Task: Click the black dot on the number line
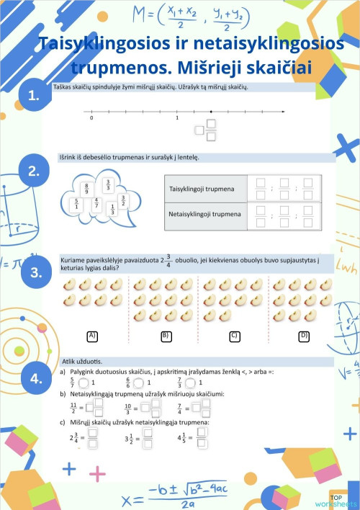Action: pos(210,112)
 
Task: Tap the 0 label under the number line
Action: pos(91,120)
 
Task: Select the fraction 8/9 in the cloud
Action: pos(86,189)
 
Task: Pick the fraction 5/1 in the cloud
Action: pos(76,205)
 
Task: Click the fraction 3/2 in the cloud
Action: pos(123,200)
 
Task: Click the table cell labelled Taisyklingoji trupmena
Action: pos(204,189)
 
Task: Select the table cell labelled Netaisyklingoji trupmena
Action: pos(204,214)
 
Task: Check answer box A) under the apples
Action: pos(92,336)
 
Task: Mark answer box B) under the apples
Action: pos(165,336)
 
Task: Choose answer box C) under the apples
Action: pos(234,336)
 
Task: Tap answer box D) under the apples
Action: pos(304,336)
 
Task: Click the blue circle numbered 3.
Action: pos(36,272)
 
